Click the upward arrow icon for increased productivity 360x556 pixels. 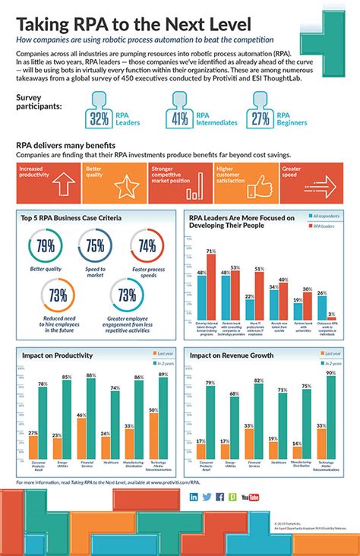coord(62,182)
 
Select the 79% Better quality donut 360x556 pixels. coord(43,246)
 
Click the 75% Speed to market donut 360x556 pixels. coord(94,246)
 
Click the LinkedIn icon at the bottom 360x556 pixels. coord(194,497)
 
